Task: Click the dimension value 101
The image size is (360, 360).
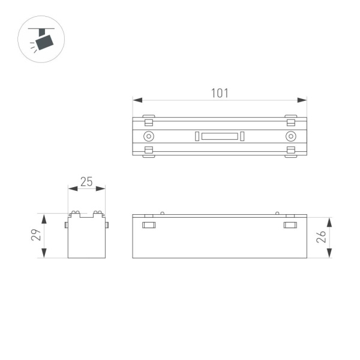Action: click(220, 94)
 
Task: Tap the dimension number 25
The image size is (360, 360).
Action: click(86, 182)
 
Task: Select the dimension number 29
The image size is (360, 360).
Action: click(35, 235)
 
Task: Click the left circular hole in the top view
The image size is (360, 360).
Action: click(148, 136)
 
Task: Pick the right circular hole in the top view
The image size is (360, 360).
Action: click(290, 136)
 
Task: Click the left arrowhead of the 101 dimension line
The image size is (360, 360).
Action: click(136, 100)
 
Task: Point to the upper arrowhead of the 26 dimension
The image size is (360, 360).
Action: click(329, 220)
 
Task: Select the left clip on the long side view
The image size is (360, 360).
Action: click(149, 226)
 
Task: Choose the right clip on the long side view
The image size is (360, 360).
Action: click(290, 226)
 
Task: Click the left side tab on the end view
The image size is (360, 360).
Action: click(66, 225)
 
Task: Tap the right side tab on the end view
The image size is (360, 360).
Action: click(107, 225)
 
